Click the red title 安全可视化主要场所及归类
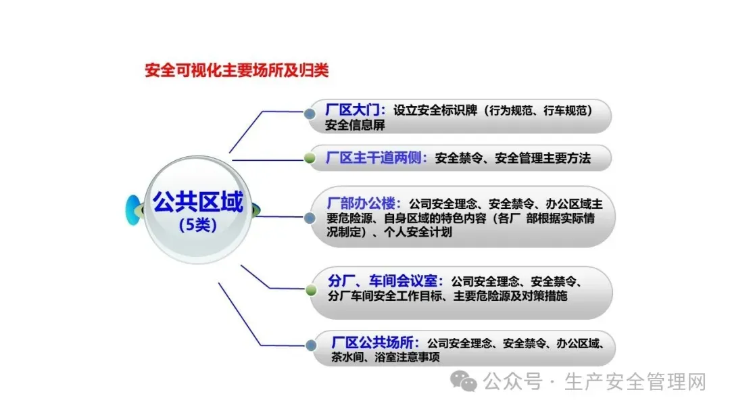coord(237,70)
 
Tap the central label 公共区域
coord(197,201)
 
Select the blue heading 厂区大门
coord(356,110)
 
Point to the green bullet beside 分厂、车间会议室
coord(310,290)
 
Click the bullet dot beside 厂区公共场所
coord(310,345)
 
